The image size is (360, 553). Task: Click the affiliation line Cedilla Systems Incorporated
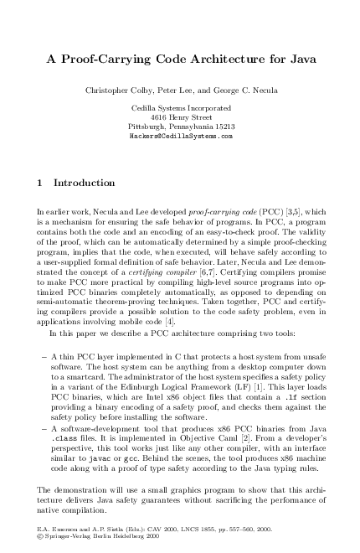click(181, 109)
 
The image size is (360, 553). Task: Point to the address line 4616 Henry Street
click(181, 117)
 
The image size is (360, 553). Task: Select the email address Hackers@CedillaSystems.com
click(181, 135)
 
